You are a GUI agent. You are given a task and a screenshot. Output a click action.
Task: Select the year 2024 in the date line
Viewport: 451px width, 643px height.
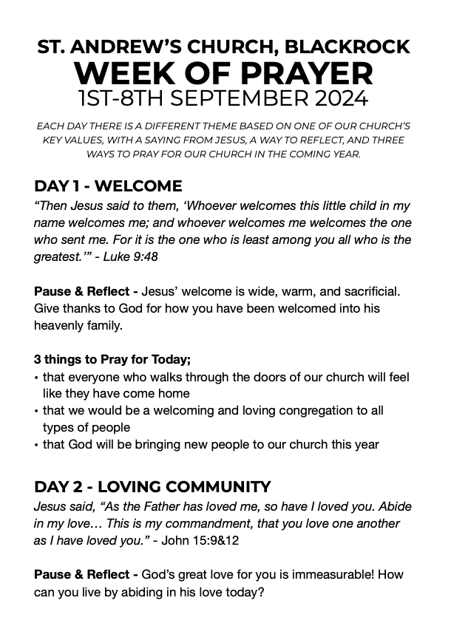(x=339, y=98)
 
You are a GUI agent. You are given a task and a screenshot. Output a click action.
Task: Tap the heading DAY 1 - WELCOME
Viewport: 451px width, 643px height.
(x=108, y=186)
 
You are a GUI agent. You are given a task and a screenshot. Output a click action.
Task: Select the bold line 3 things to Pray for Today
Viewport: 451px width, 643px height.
(x=112, y=360)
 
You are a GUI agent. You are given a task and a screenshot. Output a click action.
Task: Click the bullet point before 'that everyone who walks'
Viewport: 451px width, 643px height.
(x=37, y=378)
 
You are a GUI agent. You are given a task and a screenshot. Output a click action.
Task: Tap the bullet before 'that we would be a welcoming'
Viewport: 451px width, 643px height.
(x=37, y=411)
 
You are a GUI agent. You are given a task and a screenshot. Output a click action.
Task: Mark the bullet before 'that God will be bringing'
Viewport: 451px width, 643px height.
(x=37, y=445)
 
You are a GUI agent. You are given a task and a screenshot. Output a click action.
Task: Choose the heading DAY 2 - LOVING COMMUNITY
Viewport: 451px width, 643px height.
(x=152, y=487)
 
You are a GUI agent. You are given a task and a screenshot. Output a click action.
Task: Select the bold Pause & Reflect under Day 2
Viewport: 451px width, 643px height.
(x=86, y=575)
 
